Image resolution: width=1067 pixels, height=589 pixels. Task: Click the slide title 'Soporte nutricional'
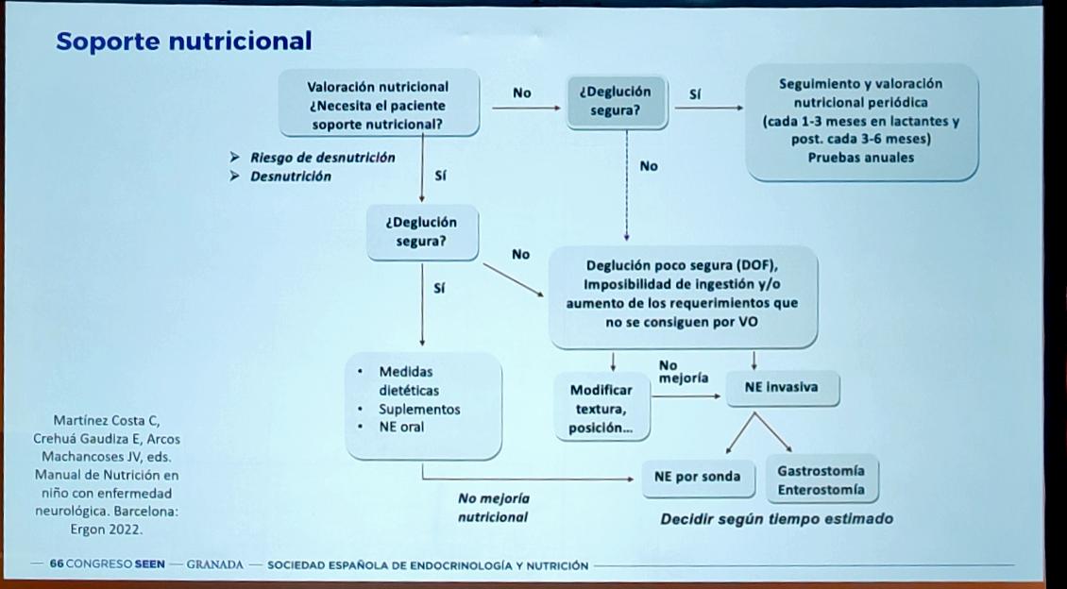coord(183,41)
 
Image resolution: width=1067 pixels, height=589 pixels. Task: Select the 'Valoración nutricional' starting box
coord(378,105)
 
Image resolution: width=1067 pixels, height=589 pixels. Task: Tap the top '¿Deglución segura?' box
coord(615,101)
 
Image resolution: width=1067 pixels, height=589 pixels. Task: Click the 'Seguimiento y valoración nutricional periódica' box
coord(860,120)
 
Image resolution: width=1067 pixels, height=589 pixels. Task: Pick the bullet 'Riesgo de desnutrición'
coord(322,158)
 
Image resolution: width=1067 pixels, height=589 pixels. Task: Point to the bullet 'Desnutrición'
coord(290,176)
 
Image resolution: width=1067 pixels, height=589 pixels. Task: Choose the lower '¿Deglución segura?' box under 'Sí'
coord(421,232)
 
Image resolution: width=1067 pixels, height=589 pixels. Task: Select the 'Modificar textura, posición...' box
coord(601,408)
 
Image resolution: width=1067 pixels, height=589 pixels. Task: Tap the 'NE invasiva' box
coord(781,387)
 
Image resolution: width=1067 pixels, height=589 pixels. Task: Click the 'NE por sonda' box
coord(698,477)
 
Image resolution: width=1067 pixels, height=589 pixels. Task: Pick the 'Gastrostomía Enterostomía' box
coord(820,480)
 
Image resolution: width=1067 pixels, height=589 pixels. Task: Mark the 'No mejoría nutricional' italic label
coord(493,507)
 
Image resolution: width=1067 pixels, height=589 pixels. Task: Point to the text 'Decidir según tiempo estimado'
coord(776,518)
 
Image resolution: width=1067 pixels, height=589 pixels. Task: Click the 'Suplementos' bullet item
coord(419,410)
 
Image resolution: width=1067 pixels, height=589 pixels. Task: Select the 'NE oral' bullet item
coord(401,427)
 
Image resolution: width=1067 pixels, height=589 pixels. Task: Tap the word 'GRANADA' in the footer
coord(217,564)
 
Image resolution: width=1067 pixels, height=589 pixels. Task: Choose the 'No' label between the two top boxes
coord(522,93)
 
